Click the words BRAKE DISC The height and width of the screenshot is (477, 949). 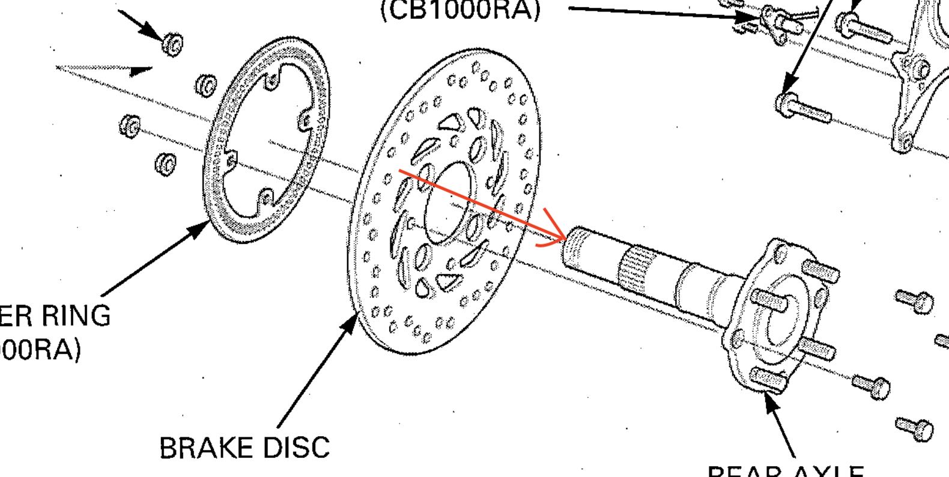pos(244,448)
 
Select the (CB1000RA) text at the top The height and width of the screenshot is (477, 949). pos(461,9)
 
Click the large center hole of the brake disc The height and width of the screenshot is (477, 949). pos(447,202)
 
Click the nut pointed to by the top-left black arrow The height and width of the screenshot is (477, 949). pos(173,43)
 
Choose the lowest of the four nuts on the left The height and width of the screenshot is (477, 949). pos(165,163)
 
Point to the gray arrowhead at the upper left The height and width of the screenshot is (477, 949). pos(142,71)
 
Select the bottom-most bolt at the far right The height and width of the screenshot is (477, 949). pos(915,428)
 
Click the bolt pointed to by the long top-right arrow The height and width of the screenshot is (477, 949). pos(805,109)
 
